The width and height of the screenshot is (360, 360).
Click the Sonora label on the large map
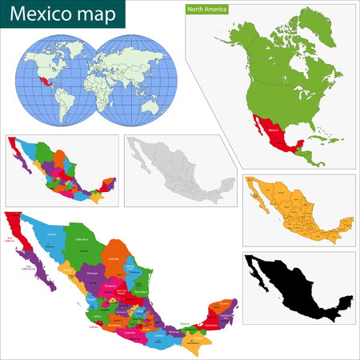tap(52, 233)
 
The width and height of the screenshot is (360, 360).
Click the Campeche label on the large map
tap(215, 315)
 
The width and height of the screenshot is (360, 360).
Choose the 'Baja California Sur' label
tap(34, 268)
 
